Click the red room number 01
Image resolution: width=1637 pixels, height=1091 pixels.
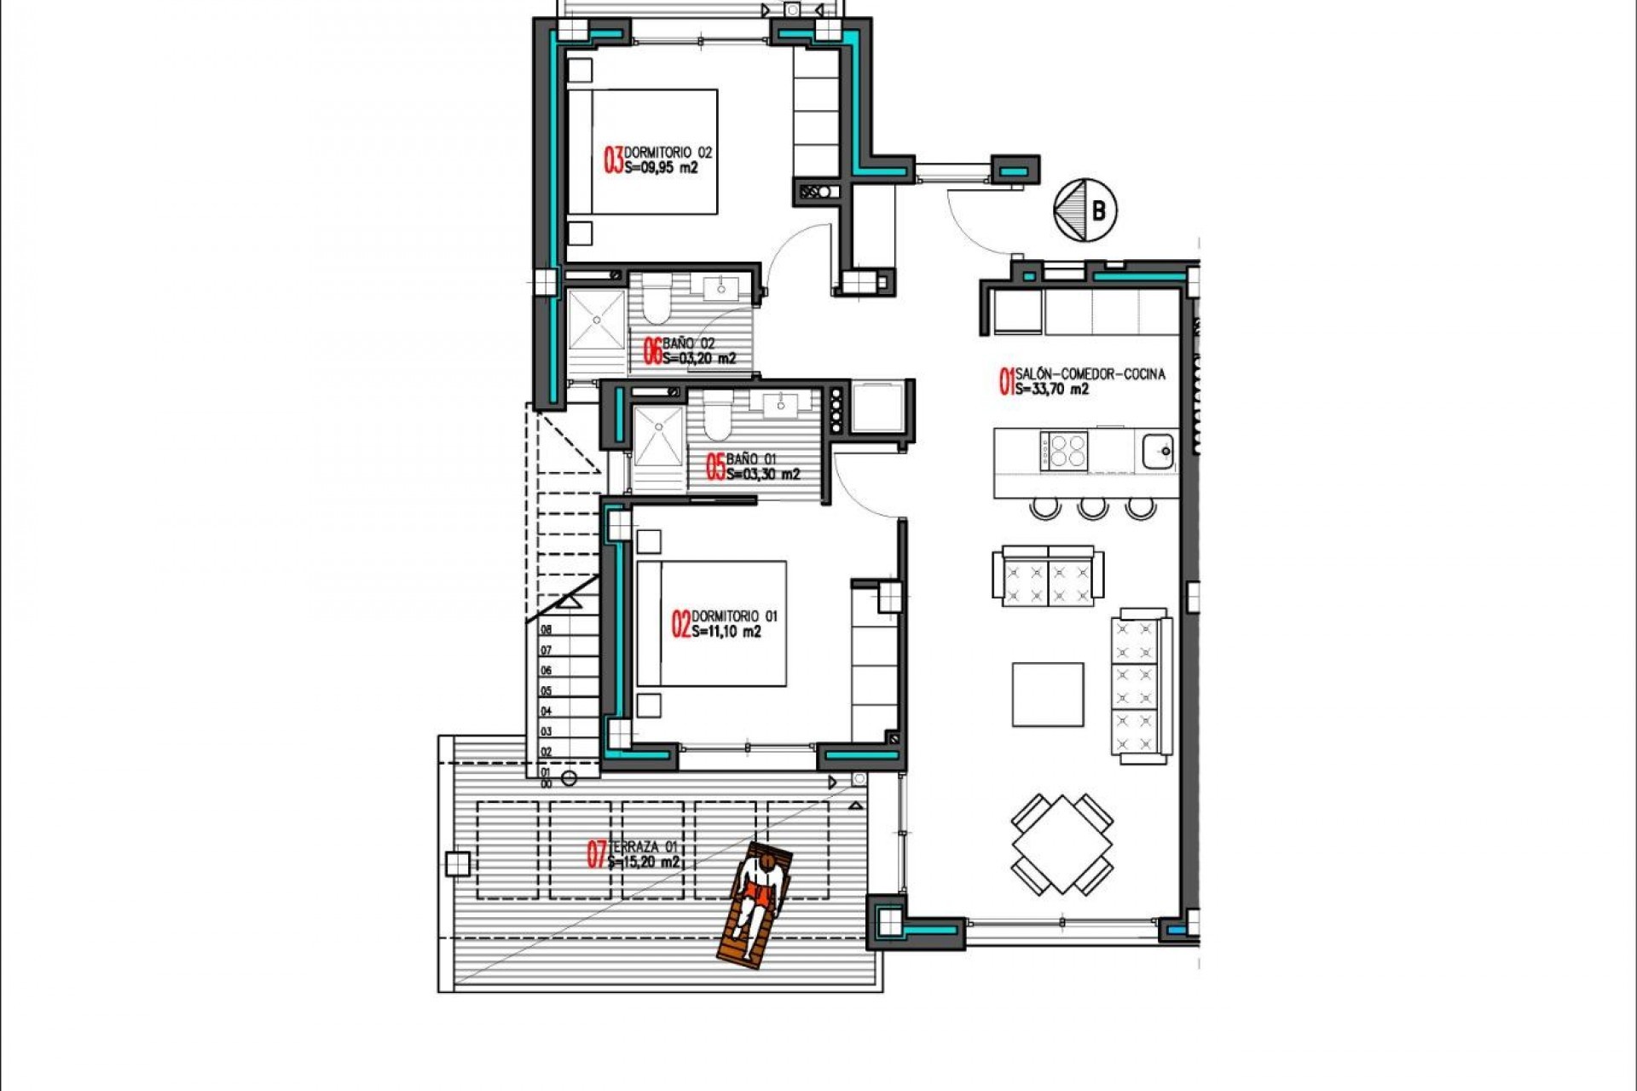pos(1006,382)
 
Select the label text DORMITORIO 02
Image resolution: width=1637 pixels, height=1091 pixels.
pos(668,153)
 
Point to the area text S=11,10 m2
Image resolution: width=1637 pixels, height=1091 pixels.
pos(726,632)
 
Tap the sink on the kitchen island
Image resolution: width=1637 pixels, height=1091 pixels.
pos(1157,451)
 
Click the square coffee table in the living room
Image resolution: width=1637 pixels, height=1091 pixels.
pos(1048,695)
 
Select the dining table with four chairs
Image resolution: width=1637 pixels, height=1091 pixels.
pos(1062,844)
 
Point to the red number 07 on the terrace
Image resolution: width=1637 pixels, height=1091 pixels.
pos(597,854)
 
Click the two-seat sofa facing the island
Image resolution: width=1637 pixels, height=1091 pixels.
pos(1048,576)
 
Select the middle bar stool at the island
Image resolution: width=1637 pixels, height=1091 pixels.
pos(1092,509)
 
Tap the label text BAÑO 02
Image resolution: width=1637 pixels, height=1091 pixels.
pos(689,343)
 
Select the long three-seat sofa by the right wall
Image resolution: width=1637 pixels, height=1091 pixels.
pos(1140,685)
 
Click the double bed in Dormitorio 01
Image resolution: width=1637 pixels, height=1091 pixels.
pos(711,623)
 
